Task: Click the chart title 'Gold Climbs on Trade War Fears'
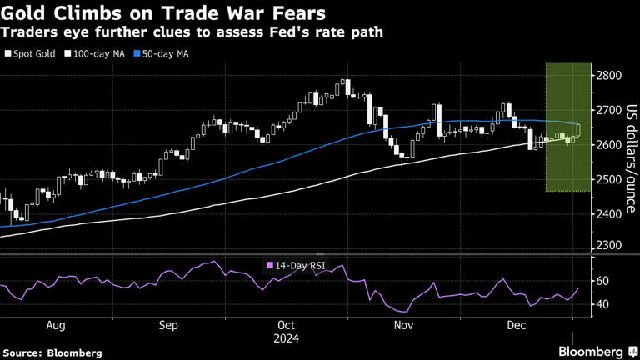pos(164,13)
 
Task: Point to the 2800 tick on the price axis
pos(607,76)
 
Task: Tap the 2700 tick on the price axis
pos(607,110)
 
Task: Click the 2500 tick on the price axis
pos(607,179)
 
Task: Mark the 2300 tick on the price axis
pos(607,247)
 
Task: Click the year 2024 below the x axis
pos(286,339)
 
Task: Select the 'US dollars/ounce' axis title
pos(631,159)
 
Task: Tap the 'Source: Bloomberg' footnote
pos(52,352)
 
